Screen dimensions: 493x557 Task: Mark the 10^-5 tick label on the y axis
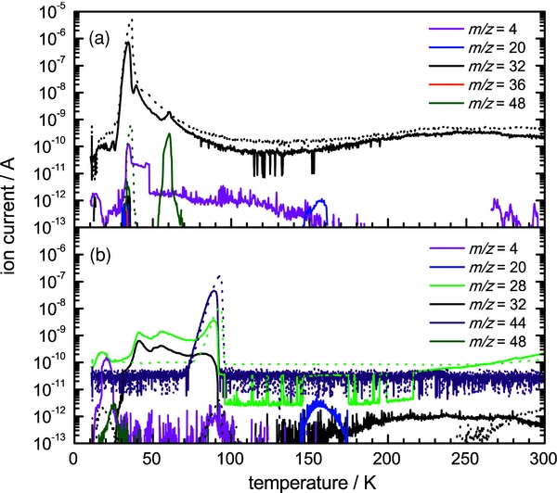[x=53, y=11]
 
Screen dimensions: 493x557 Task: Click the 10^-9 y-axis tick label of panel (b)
[x=53, y=329]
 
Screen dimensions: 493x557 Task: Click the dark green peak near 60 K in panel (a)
[x=169, y=135]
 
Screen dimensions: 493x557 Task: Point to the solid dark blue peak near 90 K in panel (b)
[x=214, y=292]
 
